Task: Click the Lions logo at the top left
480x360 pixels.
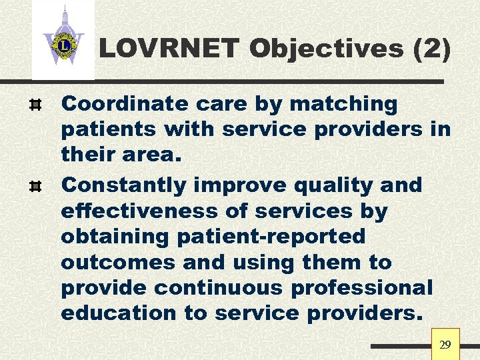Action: pos(63,44)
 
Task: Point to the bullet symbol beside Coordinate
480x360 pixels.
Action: pos(37,104)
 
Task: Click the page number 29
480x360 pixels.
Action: pos(445,345)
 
